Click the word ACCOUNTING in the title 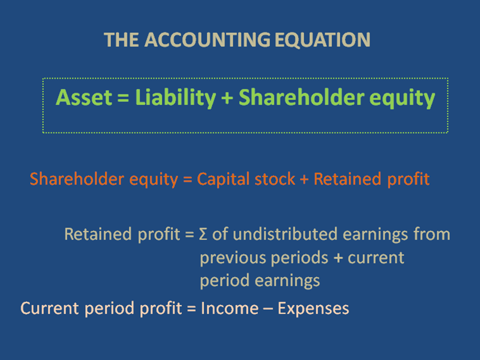pos(207,40)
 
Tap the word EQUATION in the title pos(322,40)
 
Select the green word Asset pos(84,97)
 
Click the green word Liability pos(176,98)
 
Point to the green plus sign pos(227,99)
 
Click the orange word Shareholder pos(77,179)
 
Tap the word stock pos(274,179)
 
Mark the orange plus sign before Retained pos(304,180)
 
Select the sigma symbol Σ pos(203,234)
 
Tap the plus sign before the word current pos(338,258)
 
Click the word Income pos(229,308)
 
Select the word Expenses pos(313,309)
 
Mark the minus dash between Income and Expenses pos(268,309)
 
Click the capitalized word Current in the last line pos(49,308)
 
